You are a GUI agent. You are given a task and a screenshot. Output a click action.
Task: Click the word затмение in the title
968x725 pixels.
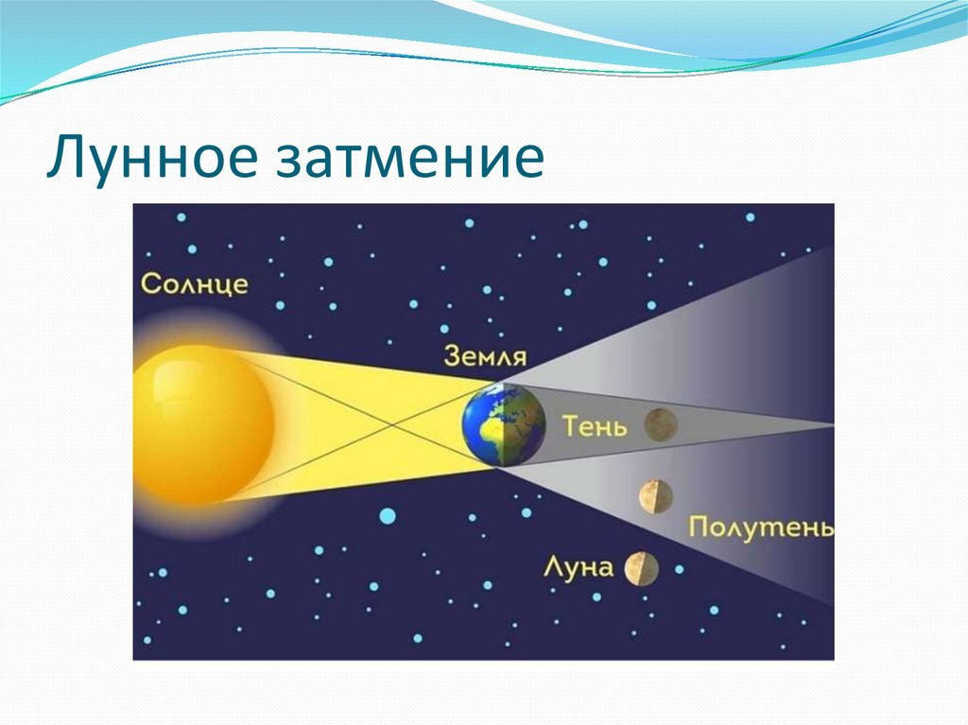[x=409, y=157]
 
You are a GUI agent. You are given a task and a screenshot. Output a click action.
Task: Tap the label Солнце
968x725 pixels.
[x=195, y=285]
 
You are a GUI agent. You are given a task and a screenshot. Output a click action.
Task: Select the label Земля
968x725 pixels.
[x=485, y=356]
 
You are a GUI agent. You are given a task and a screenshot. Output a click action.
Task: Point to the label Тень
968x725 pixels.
[x=595, y=426]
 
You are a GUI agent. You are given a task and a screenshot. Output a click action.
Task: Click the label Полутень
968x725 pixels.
[x=761, y=528]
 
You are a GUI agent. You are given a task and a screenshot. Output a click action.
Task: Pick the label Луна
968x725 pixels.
[x=579, y=567]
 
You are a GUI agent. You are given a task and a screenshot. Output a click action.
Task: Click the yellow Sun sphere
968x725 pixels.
[x=204, y=424]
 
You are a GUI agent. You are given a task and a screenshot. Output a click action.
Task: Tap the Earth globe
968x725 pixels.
[x=504, y=424]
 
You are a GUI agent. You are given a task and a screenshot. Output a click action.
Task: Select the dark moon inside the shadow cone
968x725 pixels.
[x=661, y=424]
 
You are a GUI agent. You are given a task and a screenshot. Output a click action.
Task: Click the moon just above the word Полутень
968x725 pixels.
[x=656, y=497]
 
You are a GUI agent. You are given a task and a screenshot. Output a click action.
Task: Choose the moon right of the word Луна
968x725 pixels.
[x=642, y=569]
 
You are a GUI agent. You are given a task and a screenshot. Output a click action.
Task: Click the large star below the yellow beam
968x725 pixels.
[x=387, y=516]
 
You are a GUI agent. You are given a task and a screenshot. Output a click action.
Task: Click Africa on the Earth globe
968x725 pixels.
[x=488, y=432]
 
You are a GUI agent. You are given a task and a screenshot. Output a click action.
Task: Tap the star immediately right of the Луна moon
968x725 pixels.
[x=679, y=569]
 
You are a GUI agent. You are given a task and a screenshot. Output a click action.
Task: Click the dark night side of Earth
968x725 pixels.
[x=525, y=424]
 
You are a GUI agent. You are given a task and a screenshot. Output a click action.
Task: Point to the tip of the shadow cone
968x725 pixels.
[x=833, y=424]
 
